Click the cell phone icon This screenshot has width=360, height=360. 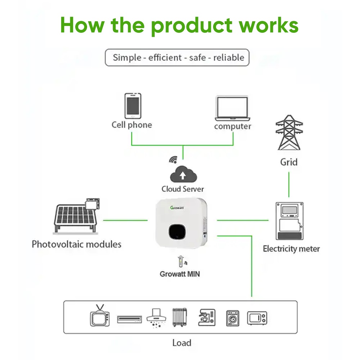point(133,106)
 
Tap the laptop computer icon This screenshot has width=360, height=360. point(232,108)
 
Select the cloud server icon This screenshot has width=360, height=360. point(183,175)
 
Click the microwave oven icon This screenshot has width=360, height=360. point(257,318)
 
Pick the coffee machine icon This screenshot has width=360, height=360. point(207,317)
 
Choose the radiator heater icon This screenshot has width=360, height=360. point(180,317)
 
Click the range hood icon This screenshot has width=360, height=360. point(156,317)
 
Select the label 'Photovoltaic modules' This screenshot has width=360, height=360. point(76,244)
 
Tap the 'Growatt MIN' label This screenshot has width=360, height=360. point(180,274)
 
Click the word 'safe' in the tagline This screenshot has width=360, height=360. point(197,58)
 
